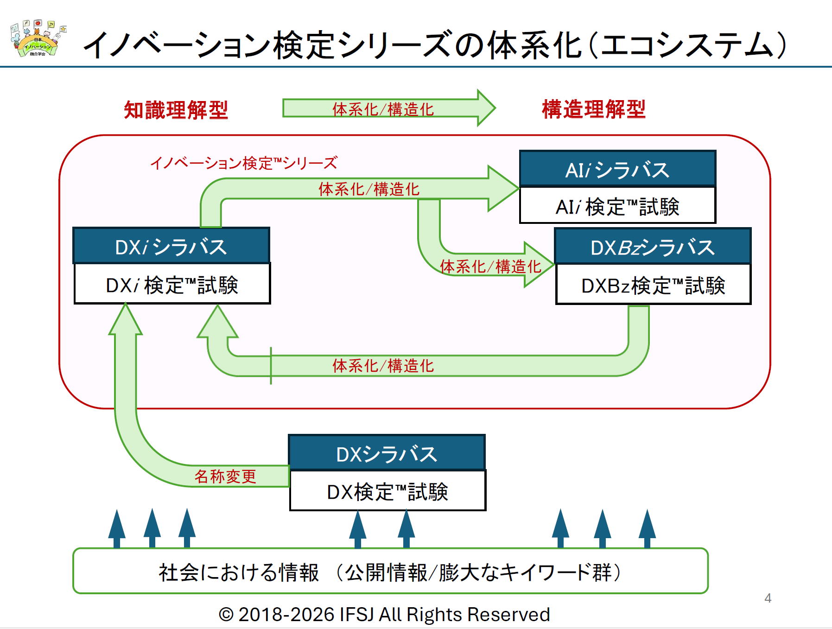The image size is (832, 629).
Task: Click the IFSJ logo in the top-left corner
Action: coord(37,39)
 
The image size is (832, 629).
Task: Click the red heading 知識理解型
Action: coord(176,110)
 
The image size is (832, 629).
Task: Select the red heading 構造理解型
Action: coord(593,109)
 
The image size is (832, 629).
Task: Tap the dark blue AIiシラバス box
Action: coord(617,169)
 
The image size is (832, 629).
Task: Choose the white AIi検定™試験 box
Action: coord(617,206)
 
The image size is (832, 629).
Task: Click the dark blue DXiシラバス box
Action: coord(171,246)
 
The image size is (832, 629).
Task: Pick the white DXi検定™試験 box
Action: coord(172,284)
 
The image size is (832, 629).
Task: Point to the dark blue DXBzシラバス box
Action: coord(653,247)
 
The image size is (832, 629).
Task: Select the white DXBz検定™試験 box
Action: coord(653,285)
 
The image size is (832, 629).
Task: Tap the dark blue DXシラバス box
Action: coord(387,453)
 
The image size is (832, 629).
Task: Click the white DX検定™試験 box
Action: coord(387,491)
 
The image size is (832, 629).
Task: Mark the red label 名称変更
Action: coord(225,476)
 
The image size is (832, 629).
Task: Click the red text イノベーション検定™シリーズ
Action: coord(244,163)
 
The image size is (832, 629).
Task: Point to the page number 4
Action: coord(768,598)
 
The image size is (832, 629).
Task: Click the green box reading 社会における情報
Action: coord(390,571)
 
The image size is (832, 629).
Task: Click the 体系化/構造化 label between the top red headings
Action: coord(383,109)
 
